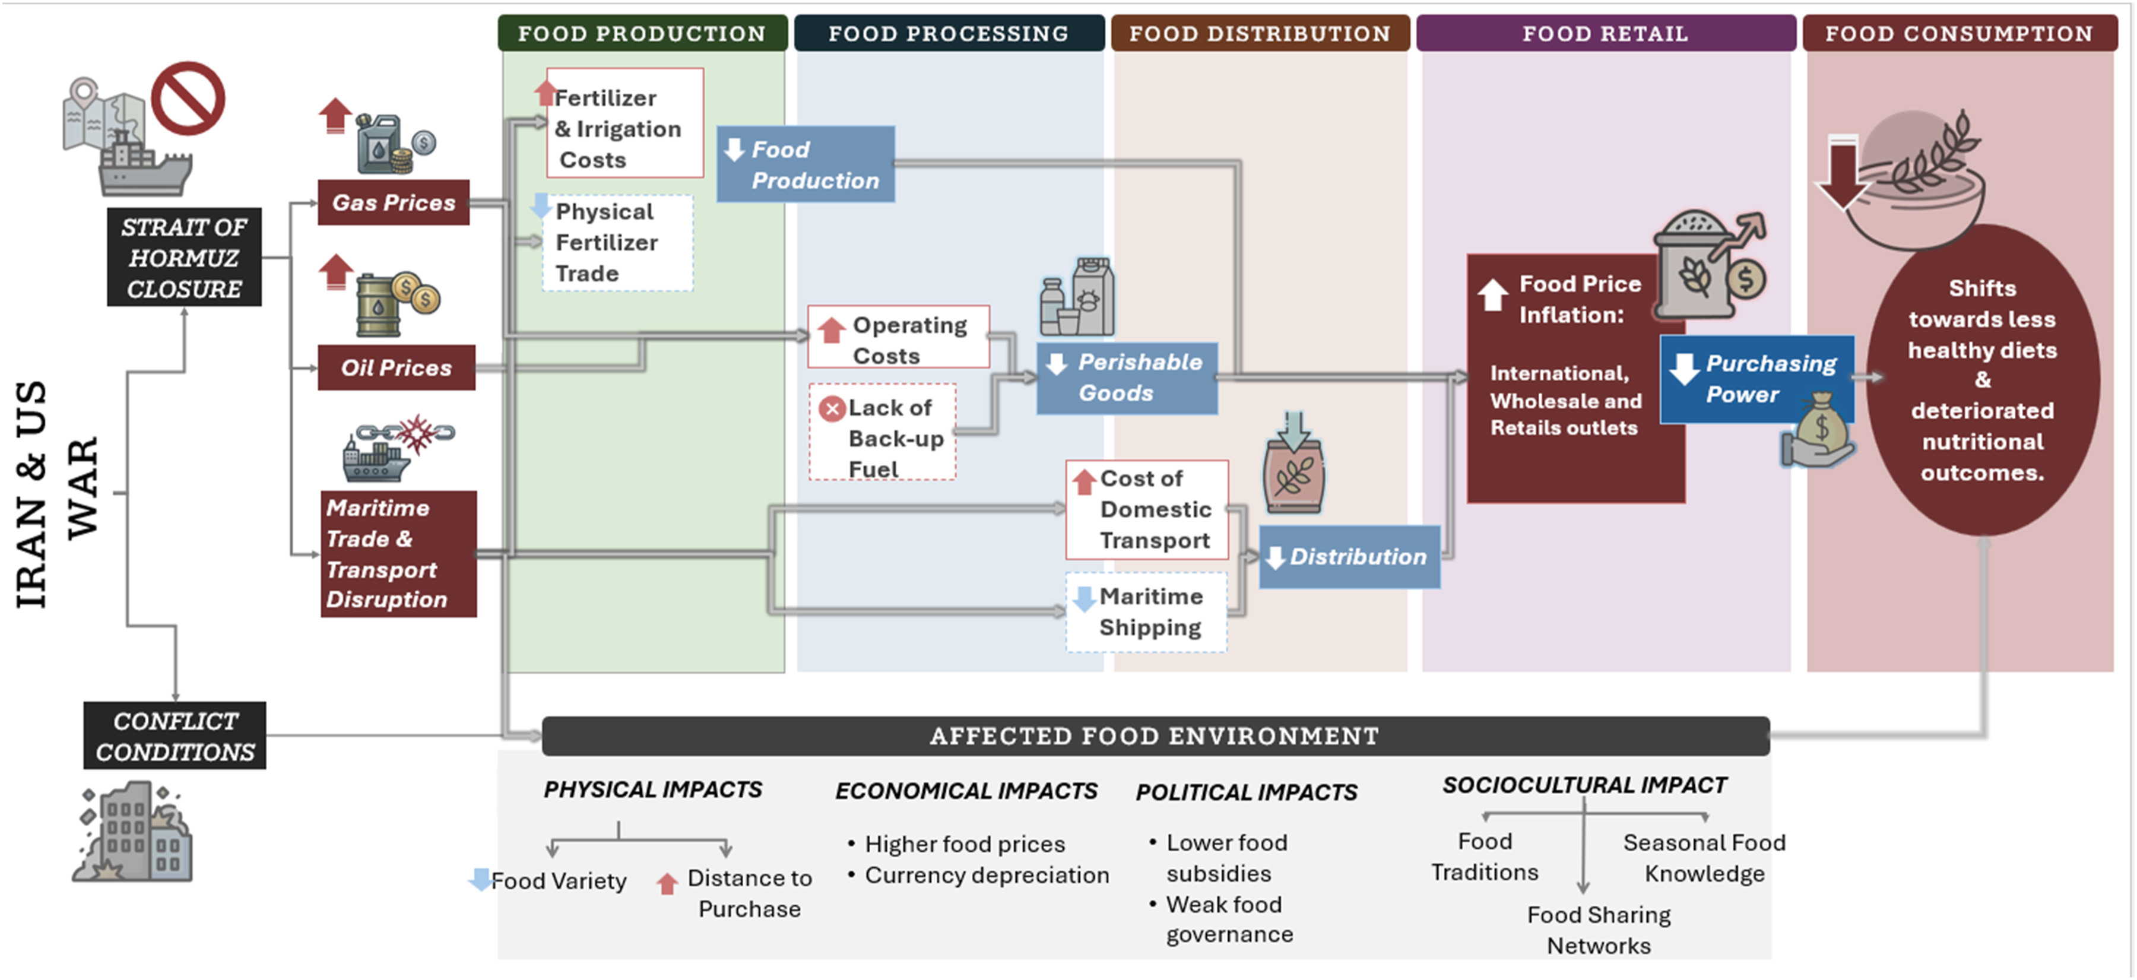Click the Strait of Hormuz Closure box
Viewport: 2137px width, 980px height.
tap(184, 257)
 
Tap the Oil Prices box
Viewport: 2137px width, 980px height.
tap(397, 367)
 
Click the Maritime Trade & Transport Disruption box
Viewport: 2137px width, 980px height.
tap(398, 553)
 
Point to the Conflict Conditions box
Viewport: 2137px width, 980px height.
tap(175, 736)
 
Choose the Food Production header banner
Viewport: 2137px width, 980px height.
tap(642, 33)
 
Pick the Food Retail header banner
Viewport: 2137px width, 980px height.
tap(1605, 33)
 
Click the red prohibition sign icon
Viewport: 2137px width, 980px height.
tap(188, 98)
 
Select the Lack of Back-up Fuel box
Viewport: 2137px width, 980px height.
tap(883, 432)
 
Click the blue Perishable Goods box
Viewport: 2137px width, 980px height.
tap(1127, 378)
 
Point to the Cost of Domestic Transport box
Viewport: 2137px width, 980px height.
tap(1146, 509)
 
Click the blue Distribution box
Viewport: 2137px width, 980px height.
tap(1350, 557)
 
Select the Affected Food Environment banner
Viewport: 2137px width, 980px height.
tap(1155, 736)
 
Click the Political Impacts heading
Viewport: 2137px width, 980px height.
tap(1246, 792)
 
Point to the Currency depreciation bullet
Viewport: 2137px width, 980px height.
tap(985, 876)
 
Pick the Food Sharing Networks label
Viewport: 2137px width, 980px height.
tap(1599, 930)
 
